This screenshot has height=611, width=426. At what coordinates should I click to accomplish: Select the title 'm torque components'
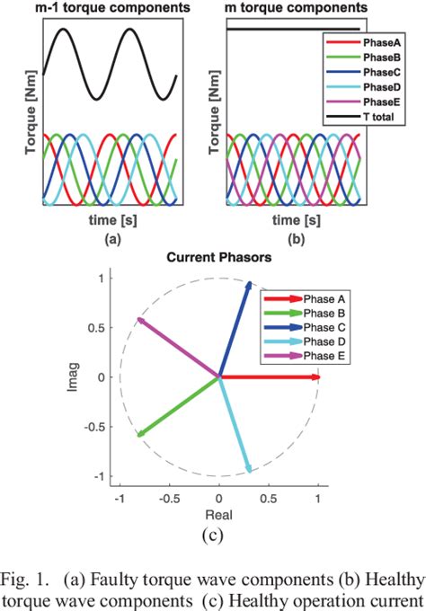(292, 8)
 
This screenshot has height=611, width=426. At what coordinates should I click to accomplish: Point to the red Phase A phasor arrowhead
(315, 377)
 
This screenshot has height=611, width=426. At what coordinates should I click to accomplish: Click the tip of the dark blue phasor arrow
(249, 284)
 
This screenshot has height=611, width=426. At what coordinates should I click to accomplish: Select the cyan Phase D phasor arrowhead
(249, 469)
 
